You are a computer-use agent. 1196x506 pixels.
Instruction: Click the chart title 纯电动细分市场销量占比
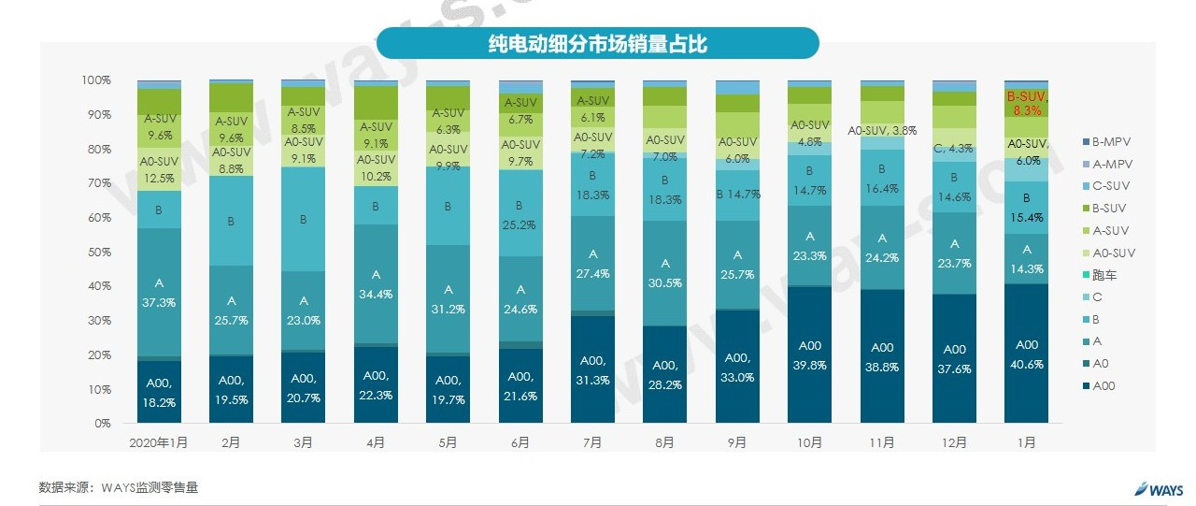click(598, 42)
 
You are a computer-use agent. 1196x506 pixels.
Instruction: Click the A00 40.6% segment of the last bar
click(1026, 354)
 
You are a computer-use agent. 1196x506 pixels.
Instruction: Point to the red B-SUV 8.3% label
click(1027, 103)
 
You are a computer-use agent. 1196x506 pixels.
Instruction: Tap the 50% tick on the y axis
click(96, 252)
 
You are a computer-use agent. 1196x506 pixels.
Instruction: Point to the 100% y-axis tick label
click(94, 80)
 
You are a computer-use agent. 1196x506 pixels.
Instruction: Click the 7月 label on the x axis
click(592, 442)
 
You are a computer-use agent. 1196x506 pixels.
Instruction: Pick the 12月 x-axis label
click(954, 442)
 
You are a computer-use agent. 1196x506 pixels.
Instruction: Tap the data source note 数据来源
click(119, 487)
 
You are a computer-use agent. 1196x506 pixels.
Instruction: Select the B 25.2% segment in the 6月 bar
click(520, 213)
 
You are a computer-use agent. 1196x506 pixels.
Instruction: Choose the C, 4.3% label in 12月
click(954, 148)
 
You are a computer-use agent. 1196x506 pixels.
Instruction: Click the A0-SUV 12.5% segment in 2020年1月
click(159, 169)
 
